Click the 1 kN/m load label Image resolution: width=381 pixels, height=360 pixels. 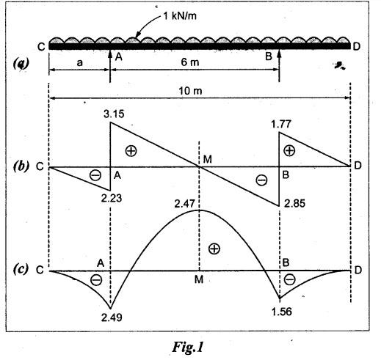(x=179, y=16)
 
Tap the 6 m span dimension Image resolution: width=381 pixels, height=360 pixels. (x=190, y=62)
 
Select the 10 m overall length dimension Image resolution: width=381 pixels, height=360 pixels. (x=190, y=91)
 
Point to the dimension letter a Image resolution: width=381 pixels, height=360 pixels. (x=80, y=63)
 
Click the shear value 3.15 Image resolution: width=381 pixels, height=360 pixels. (x=114, y=114)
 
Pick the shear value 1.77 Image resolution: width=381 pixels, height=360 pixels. (x=281, y=124)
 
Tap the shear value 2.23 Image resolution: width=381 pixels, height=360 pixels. (x=112, y=198)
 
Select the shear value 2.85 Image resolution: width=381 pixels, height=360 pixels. (x=294, y=203)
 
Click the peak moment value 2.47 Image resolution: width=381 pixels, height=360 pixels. (x=185, y=204)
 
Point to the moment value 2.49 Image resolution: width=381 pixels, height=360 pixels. (x=112, y=317)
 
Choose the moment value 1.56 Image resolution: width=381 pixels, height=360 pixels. (x=282, y=312)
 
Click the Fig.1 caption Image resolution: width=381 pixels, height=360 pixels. (x=188, y=347)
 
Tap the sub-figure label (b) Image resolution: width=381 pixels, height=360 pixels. (x=21, y=166)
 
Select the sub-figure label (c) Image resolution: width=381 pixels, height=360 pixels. (x=21, y=269)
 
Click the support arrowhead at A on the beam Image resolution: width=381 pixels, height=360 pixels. (x=110, y=53)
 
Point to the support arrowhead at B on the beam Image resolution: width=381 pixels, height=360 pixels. (x=279, y=53)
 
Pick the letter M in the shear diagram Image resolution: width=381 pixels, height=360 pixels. (x=208, y=160)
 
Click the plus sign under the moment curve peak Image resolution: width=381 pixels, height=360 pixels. (x=214, y=249)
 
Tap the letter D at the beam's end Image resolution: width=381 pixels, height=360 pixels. (x=357, y=46)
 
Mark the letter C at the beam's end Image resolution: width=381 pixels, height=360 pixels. (x=41, y=47)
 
